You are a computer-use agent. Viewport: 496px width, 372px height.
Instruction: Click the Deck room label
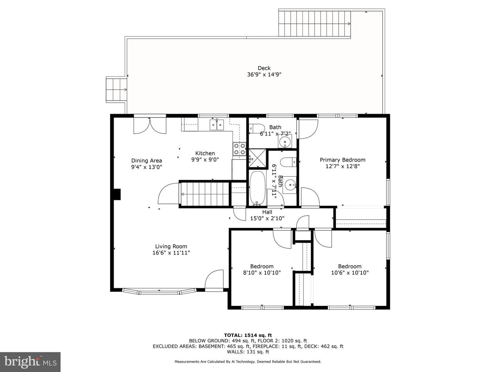(x=264, y=68)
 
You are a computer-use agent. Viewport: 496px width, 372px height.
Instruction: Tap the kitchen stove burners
(x=239, y=149)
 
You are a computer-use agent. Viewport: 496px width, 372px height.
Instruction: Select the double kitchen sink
(x=216, y=125)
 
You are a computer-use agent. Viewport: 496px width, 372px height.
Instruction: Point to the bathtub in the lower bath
(x=257, y=188)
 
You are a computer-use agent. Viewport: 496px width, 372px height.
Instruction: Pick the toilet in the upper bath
(x=257, y=128)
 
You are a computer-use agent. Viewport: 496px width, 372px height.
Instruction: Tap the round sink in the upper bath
(x=285, y=141)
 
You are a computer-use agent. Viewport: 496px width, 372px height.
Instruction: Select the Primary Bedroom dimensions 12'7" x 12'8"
(x=343, y=166)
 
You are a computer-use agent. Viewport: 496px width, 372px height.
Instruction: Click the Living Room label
(x=171, y=246)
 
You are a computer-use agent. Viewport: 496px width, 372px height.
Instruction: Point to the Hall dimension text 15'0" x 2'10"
(x=267, y=218)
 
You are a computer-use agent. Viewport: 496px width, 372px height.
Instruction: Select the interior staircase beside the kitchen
(x=205, y=194)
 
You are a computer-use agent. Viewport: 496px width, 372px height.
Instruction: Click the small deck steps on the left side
(x=116, y=90)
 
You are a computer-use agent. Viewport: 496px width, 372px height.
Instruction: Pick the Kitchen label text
(x=205, y=153)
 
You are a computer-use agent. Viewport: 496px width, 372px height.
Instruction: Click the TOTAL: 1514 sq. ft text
(x=248, y=335)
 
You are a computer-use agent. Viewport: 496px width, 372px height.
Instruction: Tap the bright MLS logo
(x=30, y=362)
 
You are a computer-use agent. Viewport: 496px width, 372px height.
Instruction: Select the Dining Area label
(x=147, y=161)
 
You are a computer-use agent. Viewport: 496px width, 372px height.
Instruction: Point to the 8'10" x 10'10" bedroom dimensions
(x=262, y=272)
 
